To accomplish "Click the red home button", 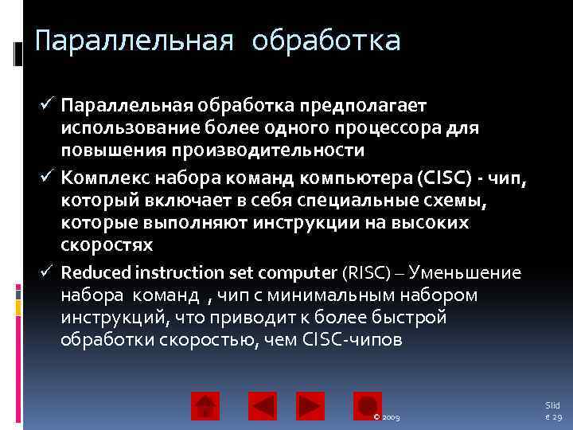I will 205,405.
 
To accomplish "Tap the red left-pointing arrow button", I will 263,405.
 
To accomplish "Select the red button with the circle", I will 368,405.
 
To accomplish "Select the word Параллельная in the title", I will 134,40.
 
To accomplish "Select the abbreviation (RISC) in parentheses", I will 366,273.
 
